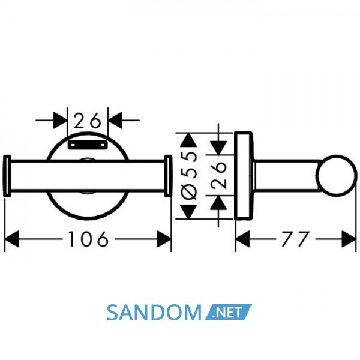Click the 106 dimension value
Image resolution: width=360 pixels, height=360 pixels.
(x=88, y=239)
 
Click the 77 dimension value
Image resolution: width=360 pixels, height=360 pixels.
(x=295, y=239)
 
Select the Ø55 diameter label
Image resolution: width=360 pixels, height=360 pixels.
(x=189, y=176)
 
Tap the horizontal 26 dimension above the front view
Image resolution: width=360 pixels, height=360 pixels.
(x=88, y=120)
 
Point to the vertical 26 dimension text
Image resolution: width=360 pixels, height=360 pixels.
(x=219, y=175)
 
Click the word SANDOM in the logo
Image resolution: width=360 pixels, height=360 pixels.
(x=154, y=313)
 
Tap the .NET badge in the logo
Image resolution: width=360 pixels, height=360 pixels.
(x=228, y=312)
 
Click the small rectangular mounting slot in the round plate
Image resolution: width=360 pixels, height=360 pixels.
(x=88, y=145)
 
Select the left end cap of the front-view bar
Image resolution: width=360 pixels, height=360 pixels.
(x=7, y=176)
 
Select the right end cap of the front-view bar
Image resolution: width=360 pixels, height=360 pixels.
(x=168, y=176)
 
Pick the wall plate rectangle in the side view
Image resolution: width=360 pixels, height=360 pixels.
(x=244, y=176)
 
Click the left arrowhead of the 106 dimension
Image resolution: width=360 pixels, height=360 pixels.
(x=12, y=239)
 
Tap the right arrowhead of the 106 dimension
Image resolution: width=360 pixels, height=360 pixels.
(x=164, y=239)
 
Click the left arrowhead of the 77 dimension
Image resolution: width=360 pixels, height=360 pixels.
(x=242, y=239)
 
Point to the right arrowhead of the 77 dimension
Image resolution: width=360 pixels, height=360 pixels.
(x=349, y=239)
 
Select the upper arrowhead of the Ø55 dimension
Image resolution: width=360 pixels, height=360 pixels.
(x=188, y=140)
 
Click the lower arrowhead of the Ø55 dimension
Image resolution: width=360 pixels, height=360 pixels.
(x=188, y=212)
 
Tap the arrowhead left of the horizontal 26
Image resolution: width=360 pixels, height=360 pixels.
(x=60, y=120)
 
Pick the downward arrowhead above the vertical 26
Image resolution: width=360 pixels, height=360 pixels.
(x=218, y=148)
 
